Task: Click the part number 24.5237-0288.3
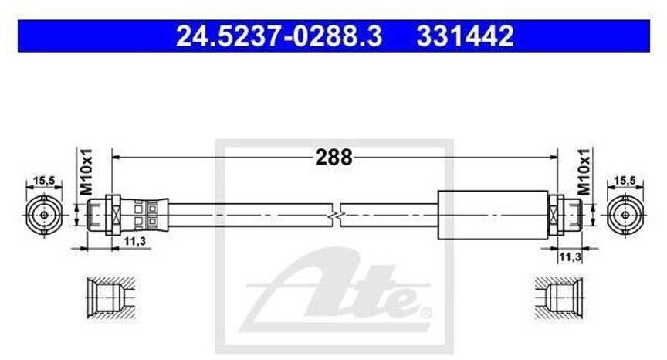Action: tap(279, 36)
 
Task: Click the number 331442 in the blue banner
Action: tap(466, 36)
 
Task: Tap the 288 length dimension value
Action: tap(333, 158)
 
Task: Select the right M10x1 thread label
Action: tap(584, 171)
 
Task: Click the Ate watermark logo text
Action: tap(340, 290)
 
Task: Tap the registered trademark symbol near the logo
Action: tap(425, 314)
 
